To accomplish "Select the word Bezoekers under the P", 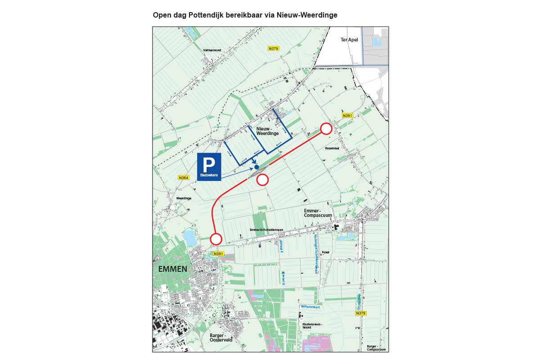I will (209, 175).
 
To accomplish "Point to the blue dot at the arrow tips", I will (256, 167).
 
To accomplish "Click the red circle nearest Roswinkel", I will (326, 129).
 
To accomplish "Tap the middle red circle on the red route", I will (262, 180).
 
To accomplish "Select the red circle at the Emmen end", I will (216, 238).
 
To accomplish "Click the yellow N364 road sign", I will (184, 178).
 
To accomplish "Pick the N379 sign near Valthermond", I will (273, 48).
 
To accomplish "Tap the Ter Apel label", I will (348, 40).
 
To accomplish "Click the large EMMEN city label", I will (172, 269).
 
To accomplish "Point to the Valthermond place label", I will (212, 50).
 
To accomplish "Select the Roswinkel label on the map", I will (333, 148).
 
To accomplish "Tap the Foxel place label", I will (326, 252).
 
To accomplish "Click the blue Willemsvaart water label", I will (310, 307).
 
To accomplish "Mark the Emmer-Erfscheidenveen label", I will (266, 230).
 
